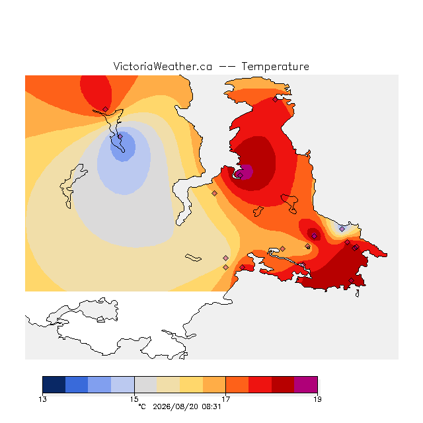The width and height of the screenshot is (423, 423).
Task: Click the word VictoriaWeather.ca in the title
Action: coord(163,66)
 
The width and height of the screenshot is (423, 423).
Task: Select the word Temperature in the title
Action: coord(275,66)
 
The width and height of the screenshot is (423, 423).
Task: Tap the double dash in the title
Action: coord(227,67)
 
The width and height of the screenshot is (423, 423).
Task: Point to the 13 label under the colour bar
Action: coord(42,399)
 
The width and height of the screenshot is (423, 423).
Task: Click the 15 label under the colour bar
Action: coord(134,399)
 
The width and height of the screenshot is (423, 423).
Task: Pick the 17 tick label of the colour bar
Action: coord(226,399)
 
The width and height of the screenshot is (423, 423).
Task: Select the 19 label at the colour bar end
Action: coord(317,399)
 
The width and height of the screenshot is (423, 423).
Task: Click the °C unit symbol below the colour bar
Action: coord(142,406)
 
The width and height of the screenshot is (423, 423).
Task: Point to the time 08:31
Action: coord(211,406)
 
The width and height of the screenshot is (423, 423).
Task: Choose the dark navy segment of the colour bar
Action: coord(54,385)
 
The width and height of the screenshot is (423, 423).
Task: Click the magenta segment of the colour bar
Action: coord(306,385)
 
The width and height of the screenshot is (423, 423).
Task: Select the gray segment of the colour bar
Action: coord(145,385)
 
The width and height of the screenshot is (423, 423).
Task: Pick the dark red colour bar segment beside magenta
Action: coord(283,385)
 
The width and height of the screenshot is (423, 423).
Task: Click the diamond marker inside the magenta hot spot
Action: coord(240,175)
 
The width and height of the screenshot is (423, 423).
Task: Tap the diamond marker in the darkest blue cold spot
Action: coord(120,137)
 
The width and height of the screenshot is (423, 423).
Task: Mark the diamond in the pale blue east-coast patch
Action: coord(342,229)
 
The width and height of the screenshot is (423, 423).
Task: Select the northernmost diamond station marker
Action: coord(275,100)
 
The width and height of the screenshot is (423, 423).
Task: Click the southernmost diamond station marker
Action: coord(351,281)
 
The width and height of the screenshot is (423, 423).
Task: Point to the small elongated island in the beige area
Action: coord(193,258)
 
